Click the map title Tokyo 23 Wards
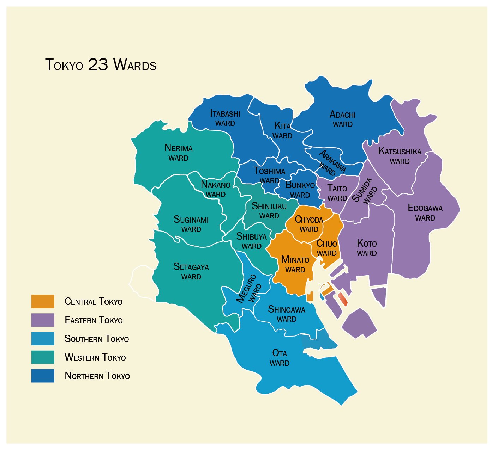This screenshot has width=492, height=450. pyautogui.click(x=101, y=65)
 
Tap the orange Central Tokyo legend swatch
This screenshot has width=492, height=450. pyautogui.click(x=43, y=301)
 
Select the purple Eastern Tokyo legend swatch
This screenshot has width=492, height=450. pyautogui.click(x=43, y=320)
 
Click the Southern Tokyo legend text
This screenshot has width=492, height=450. pyautogui.click(x=96, y=339)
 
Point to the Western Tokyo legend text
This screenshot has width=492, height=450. pyautogui.click(x=95, y=358)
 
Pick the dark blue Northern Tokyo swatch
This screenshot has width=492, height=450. pyautogui.click(x=43, y=376)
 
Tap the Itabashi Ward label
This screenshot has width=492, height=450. pyautogui.click(x=225, y=118)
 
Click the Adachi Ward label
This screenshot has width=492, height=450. pyautogui.click(x=342, y=119)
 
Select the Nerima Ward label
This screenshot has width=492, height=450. pyautogui.click(x=178, y=153)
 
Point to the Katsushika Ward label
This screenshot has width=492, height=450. pyautogui.click(x=400, y=156)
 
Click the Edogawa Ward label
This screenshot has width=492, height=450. pyautogui.click(x=425, y=212)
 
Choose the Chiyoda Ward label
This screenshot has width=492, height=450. pyautogui.click(x=309, y=224)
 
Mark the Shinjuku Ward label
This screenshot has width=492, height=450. pyautogui.click(x=269, y=210)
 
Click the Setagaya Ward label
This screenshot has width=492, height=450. pyautogui.click(x=191, y=271)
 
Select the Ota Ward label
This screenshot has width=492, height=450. pyautogui.click(x=280, y=358)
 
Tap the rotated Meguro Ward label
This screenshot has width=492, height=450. pyautogui.click(x=249, y=290)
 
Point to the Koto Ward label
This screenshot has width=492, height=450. pyautogui.click(x=367, y=248)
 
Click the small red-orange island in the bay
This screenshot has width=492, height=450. pyautogui.click(x=342, y=299)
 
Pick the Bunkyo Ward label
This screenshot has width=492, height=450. pyautogui.click(x=300, y=190)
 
